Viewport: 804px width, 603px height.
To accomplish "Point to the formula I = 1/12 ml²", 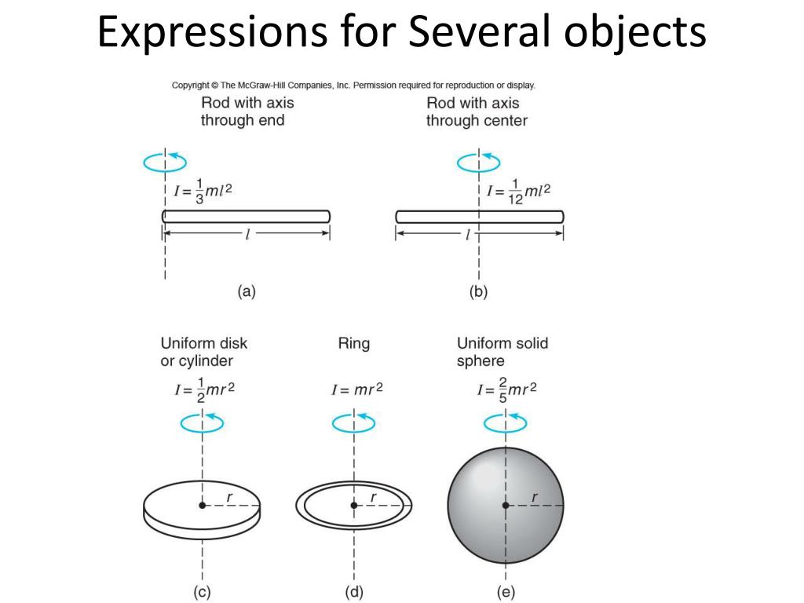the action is point(518,191).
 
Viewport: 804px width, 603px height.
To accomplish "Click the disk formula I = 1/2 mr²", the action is point(203,390).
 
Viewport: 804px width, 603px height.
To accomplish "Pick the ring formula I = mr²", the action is point(357,389).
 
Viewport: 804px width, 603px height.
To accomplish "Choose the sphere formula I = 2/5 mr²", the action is point(507,390).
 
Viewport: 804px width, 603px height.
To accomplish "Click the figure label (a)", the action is point(247,292).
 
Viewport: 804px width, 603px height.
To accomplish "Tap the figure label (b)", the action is point(478,292).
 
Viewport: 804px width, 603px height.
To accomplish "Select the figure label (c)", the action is point(202,593).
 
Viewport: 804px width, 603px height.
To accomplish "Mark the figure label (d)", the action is point(354,593).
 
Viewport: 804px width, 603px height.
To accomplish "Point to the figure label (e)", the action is point(505,593).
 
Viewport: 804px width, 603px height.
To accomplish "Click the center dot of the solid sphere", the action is point(506,505).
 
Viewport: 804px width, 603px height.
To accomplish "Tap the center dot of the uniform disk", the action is point(203,505).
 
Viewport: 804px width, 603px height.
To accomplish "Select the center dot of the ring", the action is point(354,505).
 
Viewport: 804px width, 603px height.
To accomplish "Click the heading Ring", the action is point(353,344).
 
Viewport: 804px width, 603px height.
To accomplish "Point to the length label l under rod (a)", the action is point(247,234).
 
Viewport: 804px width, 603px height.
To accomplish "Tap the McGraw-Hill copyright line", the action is point(353,86).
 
